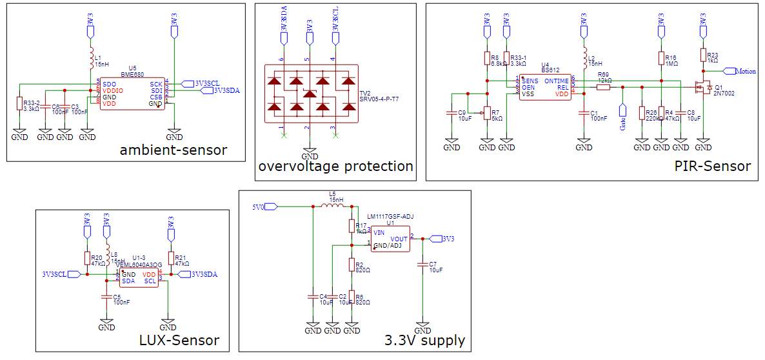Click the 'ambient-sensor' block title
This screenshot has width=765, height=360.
(x=173, y=150)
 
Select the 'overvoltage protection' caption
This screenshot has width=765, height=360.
(x=335, y=166)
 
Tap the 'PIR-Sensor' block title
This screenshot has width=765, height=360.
(x=712, y=166)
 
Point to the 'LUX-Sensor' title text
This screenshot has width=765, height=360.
(x=179, y=340)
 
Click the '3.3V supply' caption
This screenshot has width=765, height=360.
(x=424, y=340)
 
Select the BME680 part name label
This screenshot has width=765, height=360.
(x=132, y=74)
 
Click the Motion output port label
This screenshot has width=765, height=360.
(x=746, y=71)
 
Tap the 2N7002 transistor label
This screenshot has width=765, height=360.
(x=724, y=93)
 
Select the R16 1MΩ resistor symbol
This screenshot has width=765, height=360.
(x=661, y=59)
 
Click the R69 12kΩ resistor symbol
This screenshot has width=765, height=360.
(x=603, y=86)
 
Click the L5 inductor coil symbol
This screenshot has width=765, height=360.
(x=332, y=206)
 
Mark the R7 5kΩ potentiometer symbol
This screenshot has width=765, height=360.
(x=487, y=114)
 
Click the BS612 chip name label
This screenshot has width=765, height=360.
(x=550, y=69)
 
